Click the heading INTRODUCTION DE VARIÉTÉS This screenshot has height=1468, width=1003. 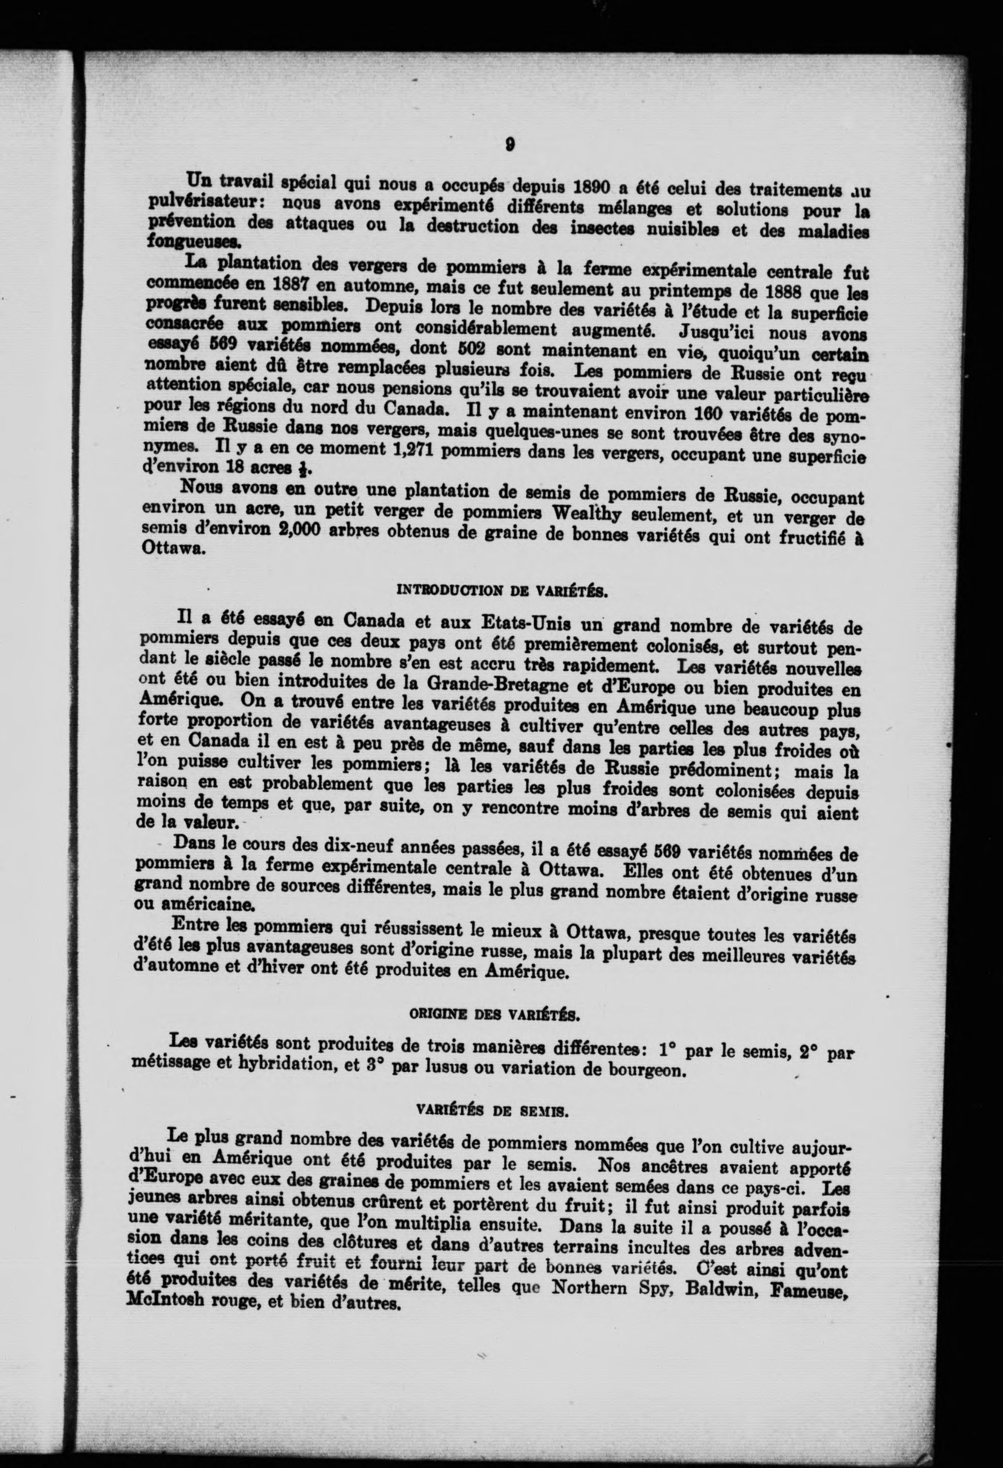point(502,592)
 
